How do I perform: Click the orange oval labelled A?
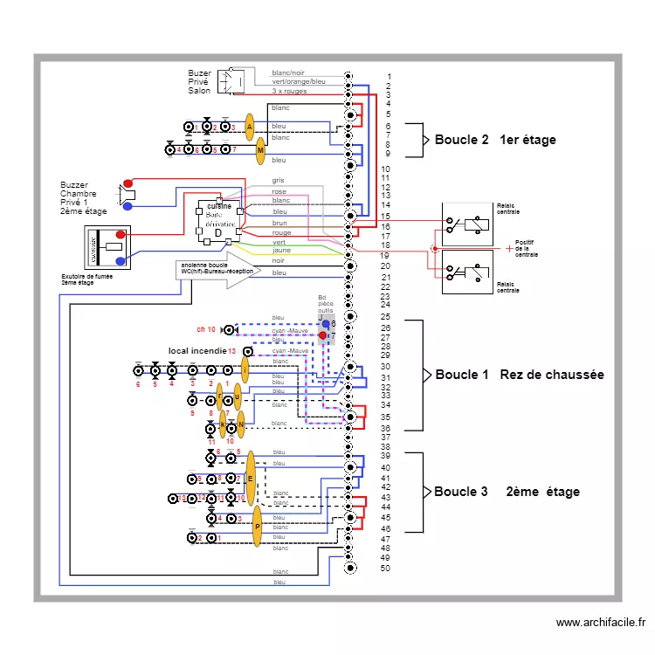[x=249, y=127]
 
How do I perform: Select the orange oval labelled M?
[x=260, y=151]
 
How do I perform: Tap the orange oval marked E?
[x=251, y=479]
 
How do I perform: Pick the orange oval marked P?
[x=257, y=527]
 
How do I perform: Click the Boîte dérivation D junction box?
[x=219, y=219]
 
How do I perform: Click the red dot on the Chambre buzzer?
[x=128, y=184]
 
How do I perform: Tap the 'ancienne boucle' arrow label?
[x=217, y=268]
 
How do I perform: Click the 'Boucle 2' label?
[x=462, y=140]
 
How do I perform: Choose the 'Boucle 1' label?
[x=462, y=375]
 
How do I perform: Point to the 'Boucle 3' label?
[x=461, y=492]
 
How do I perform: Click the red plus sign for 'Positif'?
[x=509, y=249]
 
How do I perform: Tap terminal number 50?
[x=386, y=569]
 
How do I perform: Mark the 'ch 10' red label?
[x=206, y=330]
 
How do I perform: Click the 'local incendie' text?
[x=196, y=351]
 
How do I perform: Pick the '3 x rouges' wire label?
[x=288, y=91]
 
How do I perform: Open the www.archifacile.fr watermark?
[x=600, y=623]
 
